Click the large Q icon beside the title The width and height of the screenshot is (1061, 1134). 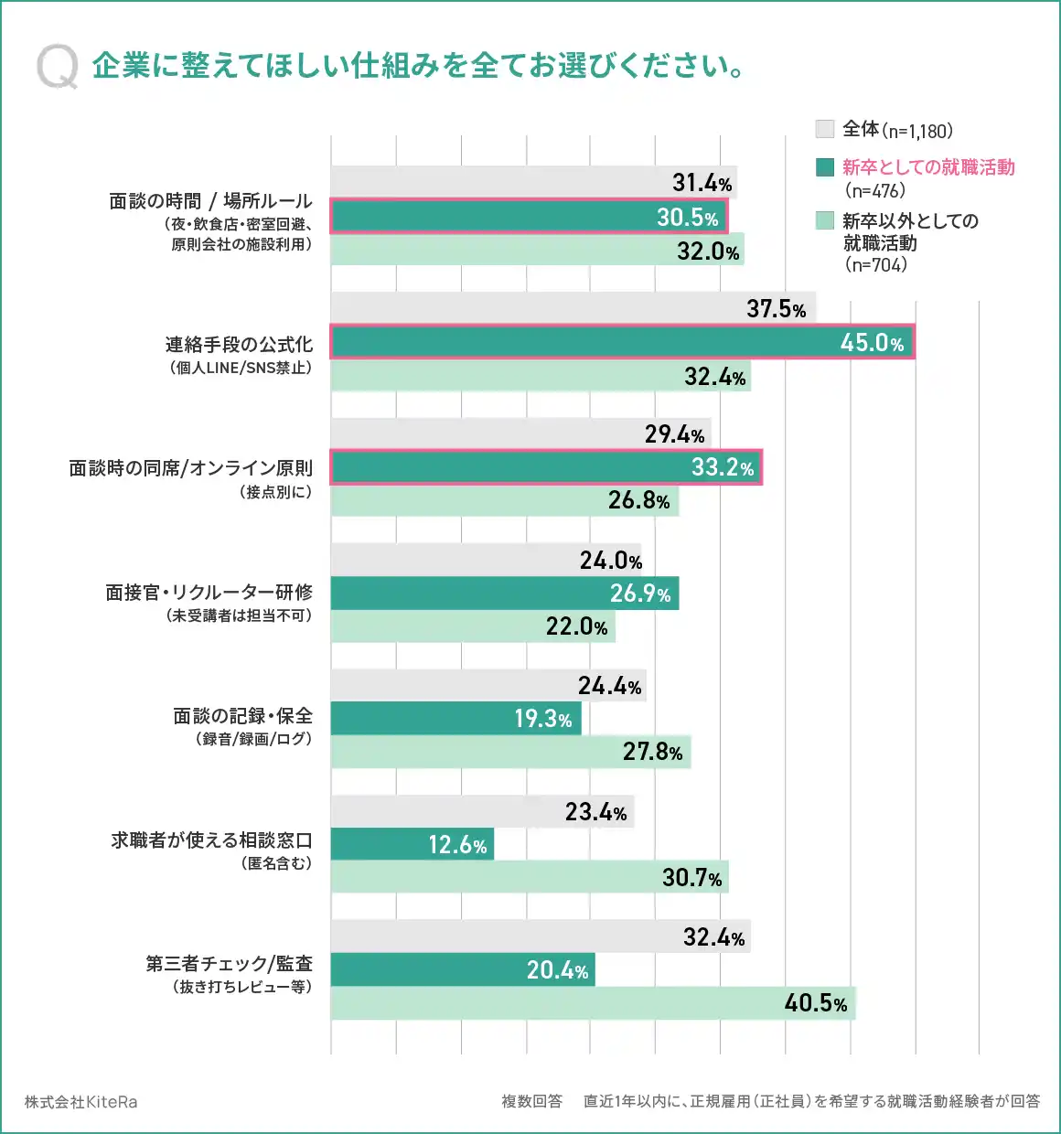click(x=58, y=68)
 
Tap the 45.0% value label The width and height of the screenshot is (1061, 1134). click(x=872, y=343)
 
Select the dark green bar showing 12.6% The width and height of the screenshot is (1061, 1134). click(x=412, y=844)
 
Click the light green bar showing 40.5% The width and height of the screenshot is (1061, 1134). click(x=592, y=1003)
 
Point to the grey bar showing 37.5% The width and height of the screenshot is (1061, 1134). click(x=573, y=308)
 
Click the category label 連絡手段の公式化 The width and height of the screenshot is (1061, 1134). click(x=239, y=345)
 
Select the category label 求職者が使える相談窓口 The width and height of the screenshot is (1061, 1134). click(x=211, y=840)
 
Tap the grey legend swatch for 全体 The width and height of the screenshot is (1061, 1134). click(x=824, y=129)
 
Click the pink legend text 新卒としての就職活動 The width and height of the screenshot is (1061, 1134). click(x=927, y=167)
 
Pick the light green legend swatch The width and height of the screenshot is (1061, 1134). click(x=824, y=220)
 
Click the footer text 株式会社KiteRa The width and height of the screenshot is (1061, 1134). click(x=81, y=1102)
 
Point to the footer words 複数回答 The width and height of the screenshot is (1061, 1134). click(x=531, y=1101)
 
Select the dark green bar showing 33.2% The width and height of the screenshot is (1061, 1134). click(x=545, y=467)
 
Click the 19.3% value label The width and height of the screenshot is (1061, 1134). click(x=543, y=719)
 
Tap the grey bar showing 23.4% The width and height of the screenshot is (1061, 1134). click(x=482, y=811)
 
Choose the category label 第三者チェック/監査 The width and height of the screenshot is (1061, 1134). click(x=229, y=964)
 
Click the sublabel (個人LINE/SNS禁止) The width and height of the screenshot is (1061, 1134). click(x=241, y=369)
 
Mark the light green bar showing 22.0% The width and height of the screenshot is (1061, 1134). click(x=472, y=626)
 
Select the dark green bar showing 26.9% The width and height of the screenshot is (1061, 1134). click(x=504, y=594)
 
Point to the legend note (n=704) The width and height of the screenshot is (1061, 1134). click(x=876, y=265)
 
